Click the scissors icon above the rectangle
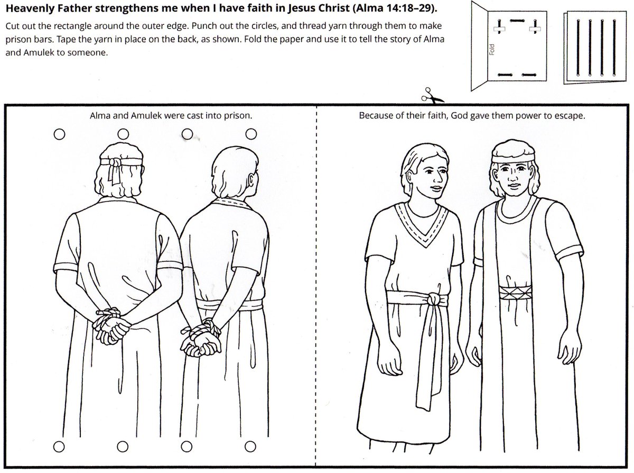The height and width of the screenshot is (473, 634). pos(431,96)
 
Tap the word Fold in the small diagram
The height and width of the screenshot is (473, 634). pos(491,49)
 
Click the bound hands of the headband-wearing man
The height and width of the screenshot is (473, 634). pos(111,326)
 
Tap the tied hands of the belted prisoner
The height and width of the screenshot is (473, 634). pos(201,339)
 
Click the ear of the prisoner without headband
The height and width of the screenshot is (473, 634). pos(251,180)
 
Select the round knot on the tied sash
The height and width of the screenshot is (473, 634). pos(434,299)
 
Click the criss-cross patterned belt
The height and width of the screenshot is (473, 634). pos(515,293)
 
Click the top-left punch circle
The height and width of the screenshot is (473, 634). pos(60,134)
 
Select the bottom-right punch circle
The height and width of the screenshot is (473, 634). pos(250,447)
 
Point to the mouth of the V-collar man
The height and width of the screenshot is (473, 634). pos(436,188)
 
